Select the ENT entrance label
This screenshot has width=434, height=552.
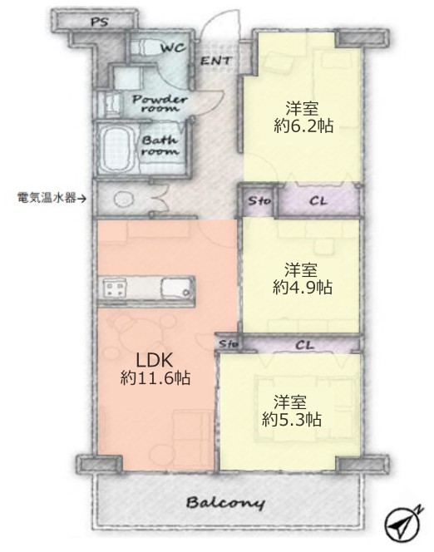(x=215, y=61)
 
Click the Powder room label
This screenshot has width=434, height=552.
(x=160, y=104)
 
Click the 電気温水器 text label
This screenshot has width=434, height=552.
(x=47, y=198)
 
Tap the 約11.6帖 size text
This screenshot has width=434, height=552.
(x=155, y=379)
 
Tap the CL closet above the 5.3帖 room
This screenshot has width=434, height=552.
(x=303, y=343)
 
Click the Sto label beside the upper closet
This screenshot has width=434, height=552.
(x=258, y=200)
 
